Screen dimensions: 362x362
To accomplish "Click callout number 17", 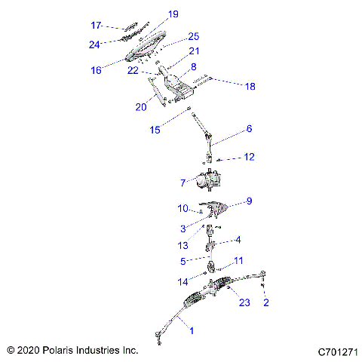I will pyautogui.click(x=96, y=26).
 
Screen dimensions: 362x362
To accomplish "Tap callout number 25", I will pyautogui.click(x=193, y=36).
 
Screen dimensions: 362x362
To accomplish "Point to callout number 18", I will pyautogui.click(x=250, y=87).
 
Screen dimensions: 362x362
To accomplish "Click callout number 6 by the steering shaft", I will pyautogui.click(x=249, y=129).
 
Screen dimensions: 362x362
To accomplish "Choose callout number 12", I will pyautogui.click(x=250, y=157).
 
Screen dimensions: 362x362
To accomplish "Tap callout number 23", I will pyautogui.click(x=243, y=303).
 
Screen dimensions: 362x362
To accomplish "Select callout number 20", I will pyautogui.click(x=140, y=107).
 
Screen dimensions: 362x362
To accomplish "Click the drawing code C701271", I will pyautogui.click(x=336, y=351).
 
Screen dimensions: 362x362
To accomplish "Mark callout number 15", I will pyautogui.click(x=155, y=130).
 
